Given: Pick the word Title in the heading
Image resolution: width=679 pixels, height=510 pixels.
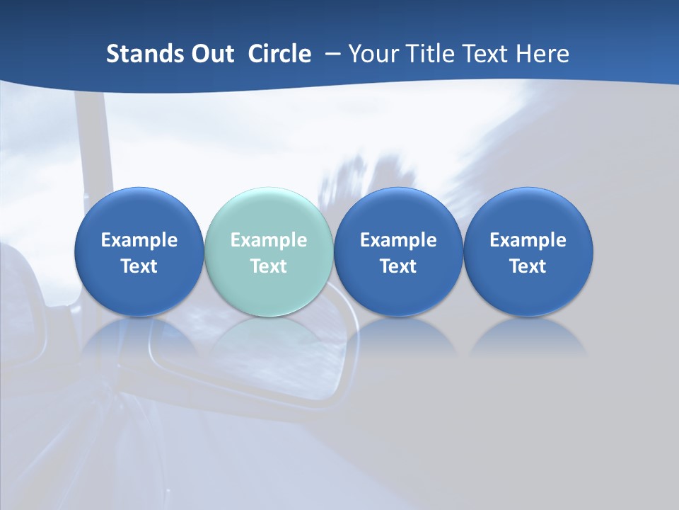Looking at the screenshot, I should pyautogui.click(x=430, y=54).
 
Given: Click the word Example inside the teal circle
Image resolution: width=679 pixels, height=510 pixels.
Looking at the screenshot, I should pyautogui.click(x=269, y=240).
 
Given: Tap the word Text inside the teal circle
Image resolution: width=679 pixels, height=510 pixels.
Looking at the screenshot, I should pyautogui.click(x=269, y=266).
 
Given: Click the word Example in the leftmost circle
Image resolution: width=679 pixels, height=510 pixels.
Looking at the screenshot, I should pyautogui.click(x=139, y=240).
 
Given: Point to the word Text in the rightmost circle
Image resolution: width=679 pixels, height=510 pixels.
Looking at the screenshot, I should pyautogui.click(x=528, y=266).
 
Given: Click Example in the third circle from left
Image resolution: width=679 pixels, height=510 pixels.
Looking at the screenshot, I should pyautogui.click(x=399, y=240).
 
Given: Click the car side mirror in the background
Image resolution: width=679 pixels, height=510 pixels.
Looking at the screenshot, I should pyautogui.click(x=283, y=368).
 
